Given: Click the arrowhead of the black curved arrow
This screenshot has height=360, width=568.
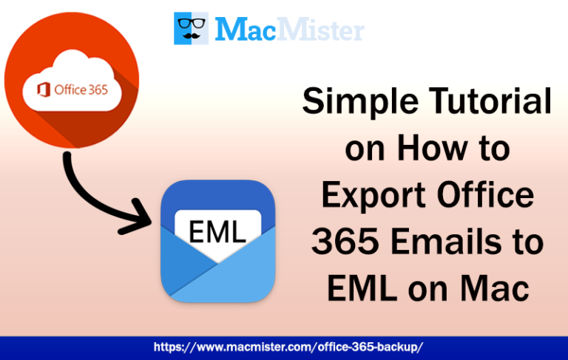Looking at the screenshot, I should (144, 217).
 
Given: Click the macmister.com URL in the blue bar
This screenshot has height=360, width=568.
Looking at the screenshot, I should (288, 346).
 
